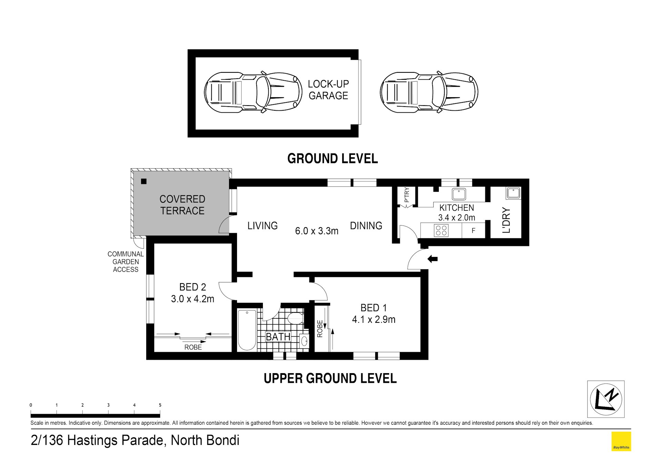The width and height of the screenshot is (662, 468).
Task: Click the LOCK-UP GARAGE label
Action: tap(328, 90)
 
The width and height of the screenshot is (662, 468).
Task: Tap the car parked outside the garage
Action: tap(429, 92)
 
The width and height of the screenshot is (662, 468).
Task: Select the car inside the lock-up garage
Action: tap(251, 92)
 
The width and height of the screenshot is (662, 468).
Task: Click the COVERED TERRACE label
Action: tap(182, 205)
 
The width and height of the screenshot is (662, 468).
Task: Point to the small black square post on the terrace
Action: tap(144, 181)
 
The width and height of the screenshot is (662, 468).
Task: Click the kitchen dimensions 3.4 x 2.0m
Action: tap(456, 218)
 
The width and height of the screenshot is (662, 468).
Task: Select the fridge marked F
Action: tap(473, 230)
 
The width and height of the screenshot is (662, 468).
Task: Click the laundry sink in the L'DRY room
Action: tap(513, 193)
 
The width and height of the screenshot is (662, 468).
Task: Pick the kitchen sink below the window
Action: tap(459, 194)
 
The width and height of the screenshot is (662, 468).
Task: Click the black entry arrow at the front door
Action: tap(433, 259)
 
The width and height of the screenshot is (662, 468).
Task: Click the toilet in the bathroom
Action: tap(295, 318)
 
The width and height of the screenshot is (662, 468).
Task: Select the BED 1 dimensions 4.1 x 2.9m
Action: tap(374, 319)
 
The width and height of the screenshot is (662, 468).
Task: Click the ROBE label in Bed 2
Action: tap(193, 347)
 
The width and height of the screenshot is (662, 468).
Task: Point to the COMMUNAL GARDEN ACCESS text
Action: tap(126, 262)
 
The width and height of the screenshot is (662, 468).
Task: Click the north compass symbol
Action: tap(606, 399)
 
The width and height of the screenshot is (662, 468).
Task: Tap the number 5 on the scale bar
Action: tap(160, 405)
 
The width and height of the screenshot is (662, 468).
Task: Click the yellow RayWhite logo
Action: tap(621, 441)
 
